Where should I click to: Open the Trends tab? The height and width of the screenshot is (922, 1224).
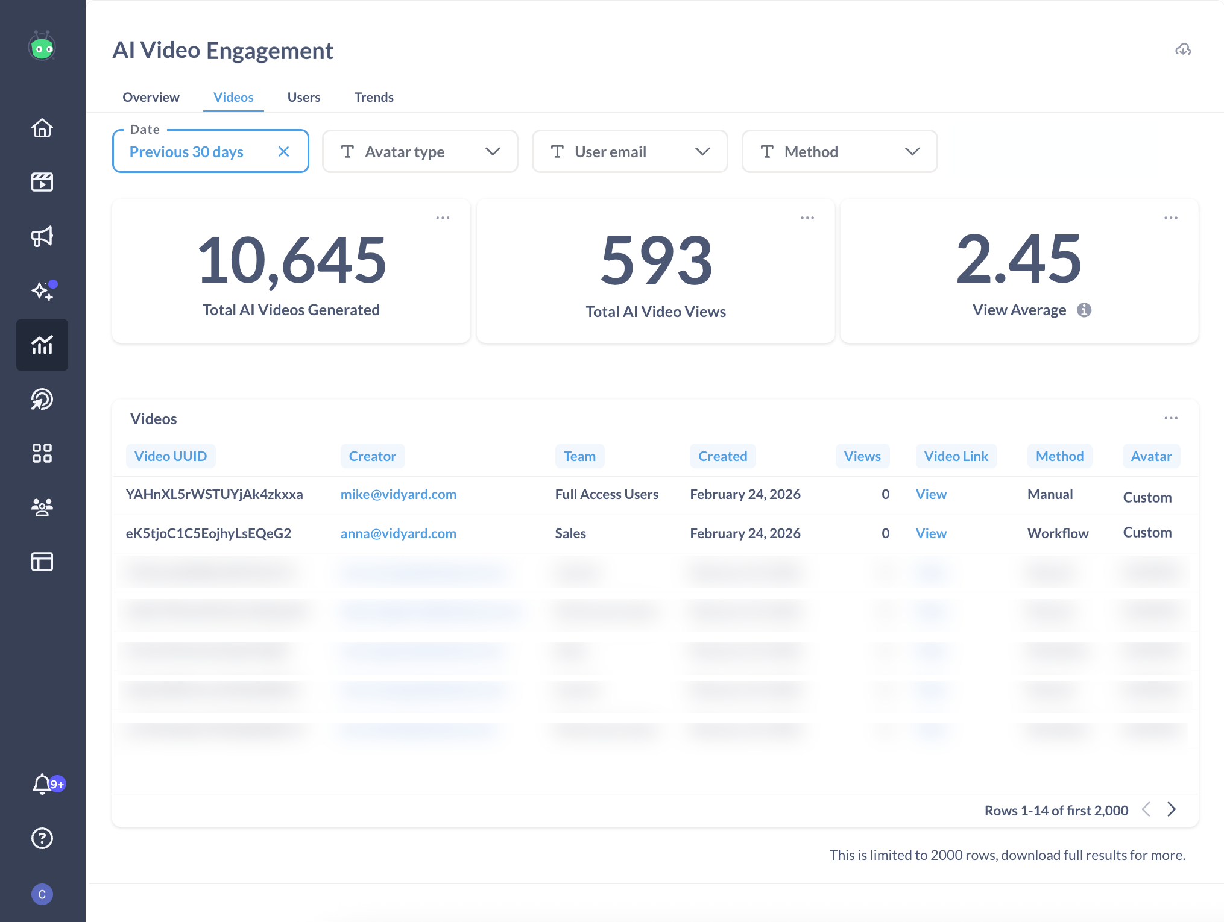click(x=374, y=97)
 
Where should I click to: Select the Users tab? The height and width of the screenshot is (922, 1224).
click(x=304, y=97)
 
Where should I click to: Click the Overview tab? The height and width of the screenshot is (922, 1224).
click(x=151, y=97)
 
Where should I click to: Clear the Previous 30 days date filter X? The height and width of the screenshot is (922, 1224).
click(x=283, y=152)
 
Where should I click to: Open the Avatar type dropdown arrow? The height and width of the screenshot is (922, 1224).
click(x=493, y=152)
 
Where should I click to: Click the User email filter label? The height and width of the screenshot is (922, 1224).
click(x=610, y=152)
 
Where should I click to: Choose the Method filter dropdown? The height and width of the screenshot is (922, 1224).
click(x=839, y=152)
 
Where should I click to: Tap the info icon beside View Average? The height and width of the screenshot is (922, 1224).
click(x=1084, y=310)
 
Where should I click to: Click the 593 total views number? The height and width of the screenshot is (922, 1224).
click(x=656, y=260)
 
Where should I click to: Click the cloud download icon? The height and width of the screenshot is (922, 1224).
click(x=1183, y=49)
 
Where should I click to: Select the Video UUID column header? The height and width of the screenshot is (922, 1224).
click(x=171, y=456)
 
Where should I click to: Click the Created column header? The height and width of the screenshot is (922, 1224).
click(x=722, y=456)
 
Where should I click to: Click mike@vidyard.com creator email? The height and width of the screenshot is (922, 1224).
click(x=399, y=494)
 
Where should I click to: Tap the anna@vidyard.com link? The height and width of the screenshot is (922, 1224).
click(x=399, y=533)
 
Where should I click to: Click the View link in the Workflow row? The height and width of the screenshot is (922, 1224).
click(x=931, y=533)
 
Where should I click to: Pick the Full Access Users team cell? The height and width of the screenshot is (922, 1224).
click(x=607, y=494)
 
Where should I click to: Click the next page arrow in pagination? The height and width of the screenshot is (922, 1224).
click(x=1172, y=809)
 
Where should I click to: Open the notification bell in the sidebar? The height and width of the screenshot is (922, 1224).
click(x=42, y=783)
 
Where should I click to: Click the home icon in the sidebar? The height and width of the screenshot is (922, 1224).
click(x=42, y=128)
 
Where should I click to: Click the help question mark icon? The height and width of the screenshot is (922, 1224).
click(x=42, y=838)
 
